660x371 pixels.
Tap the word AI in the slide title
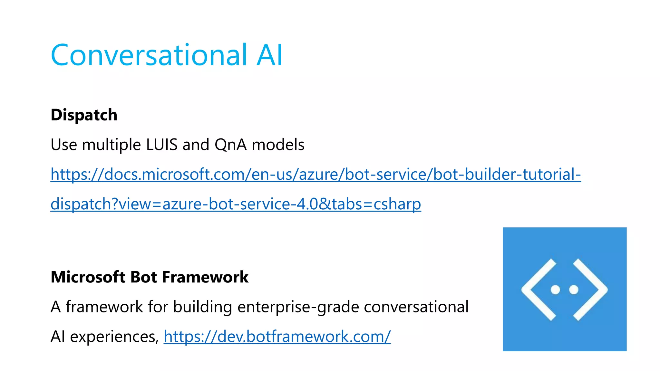(x=269, y=55)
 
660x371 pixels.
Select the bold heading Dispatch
(x=84, y=115)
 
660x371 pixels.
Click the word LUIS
(x=162, y=145)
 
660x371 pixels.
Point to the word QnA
(x=231, y=145)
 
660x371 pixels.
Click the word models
(x=278, y=145)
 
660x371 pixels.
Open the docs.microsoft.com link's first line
(x=315, y=175)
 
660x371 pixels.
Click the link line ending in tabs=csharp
(x=236, y=204)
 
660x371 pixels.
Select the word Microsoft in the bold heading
(x=88, y=277)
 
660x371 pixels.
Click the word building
(x=202, y=307)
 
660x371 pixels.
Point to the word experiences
(x=113, y=337)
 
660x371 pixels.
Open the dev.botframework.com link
(x=277, y=337)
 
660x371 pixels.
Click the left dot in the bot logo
(x=555, y=290)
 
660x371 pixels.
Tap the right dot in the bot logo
(x=574, y=290)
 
